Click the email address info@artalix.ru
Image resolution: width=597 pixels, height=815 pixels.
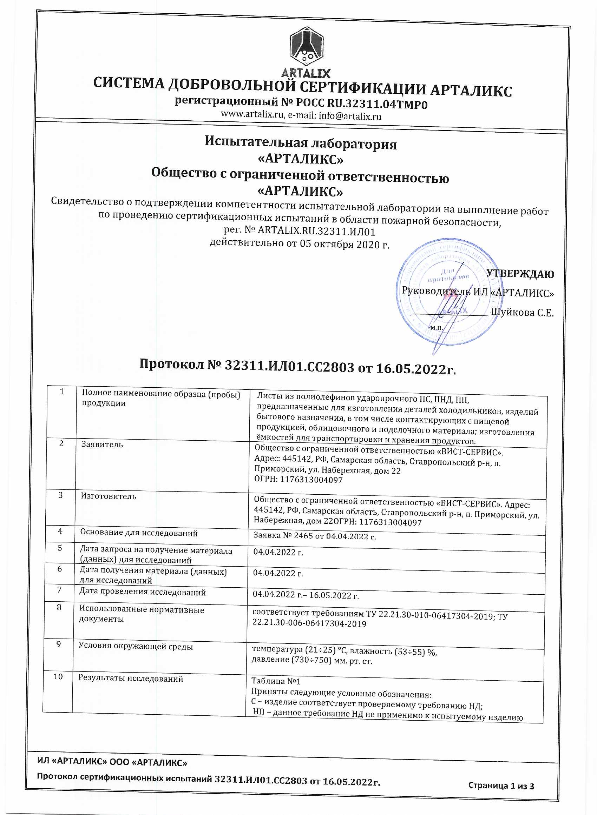click(350, 116)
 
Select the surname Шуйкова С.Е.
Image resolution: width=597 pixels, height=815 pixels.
click(522, 313)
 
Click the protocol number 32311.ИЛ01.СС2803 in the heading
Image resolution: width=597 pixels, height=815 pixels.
click(289, 366)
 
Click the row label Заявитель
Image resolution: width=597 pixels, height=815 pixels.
click(102, 445)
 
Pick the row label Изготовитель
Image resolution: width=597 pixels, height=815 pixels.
click(109, 496)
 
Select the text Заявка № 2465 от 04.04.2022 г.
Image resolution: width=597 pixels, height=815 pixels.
click(314, 536)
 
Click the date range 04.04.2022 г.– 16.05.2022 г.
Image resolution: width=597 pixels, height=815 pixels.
click(306, 595)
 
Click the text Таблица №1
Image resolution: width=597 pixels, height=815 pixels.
click(276, 681)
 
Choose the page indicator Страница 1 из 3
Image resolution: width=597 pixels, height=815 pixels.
click(501, 786)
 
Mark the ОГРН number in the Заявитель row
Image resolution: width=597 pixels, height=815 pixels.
click(298, 480)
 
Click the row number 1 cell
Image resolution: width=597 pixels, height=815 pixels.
click(62, 392)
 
